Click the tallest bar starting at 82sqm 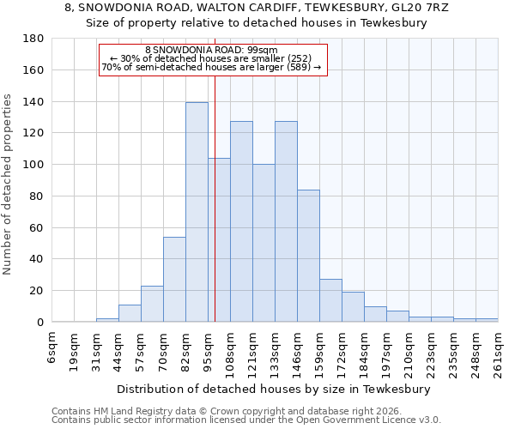coord(197,212)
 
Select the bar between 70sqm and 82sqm coord(174,279)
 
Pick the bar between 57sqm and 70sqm coord(152,304)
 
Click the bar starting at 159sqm coord(330,300)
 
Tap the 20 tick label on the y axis coord(36,291)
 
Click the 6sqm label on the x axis coord(52,350)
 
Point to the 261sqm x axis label coord(499,354)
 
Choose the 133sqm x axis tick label coord(276,354)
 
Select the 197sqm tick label coord(387,354)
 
